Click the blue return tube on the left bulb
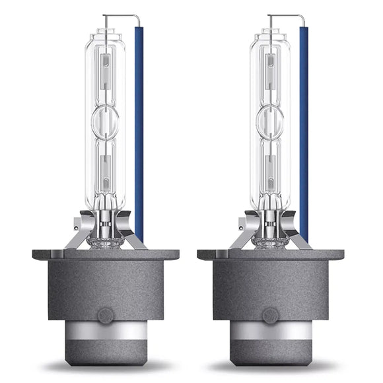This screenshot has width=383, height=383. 139,132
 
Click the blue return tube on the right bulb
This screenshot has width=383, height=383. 303,132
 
